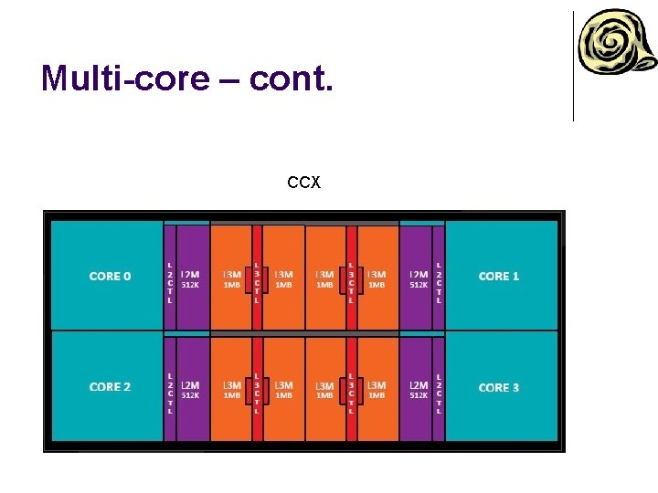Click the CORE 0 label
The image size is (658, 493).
[x=110, y=276]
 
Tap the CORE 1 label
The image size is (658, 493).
[x=499, y=276]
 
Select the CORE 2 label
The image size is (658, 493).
[x=110, y=387]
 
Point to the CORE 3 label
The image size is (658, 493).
[x=499, y=387]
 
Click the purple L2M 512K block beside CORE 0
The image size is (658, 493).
[x=192, y=278]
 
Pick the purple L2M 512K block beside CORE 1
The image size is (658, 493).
[x=417, y=278]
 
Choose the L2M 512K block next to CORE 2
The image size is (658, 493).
[x=192, y=389]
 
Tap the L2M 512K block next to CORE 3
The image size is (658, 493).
[x=417, y=389]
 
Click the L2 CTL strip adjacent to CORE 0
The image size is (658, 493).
[x=169, y=278]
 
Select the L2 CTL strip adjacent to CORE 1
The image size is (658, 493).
[x=439, y=278]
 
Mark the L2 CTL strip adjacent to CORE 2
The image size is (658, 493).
[x=169, y=391]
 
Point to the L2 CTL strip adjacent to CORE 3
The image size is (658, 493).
[x=439, y=391]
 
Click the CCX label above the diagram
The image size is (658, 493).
[x=303, y=184]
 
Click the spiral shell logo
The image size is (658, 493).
[x=615, y=45]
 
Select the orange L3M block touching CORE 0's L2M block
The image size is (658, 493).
[x=231, y=278]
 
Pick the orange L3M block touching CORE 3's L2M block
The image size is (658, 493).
[x=377, y=389]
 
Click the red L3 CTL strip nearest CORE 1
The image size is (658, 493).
[x=352, y=278]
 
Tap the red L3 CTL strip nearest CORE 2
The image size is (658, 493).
[x=257, y=391]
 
